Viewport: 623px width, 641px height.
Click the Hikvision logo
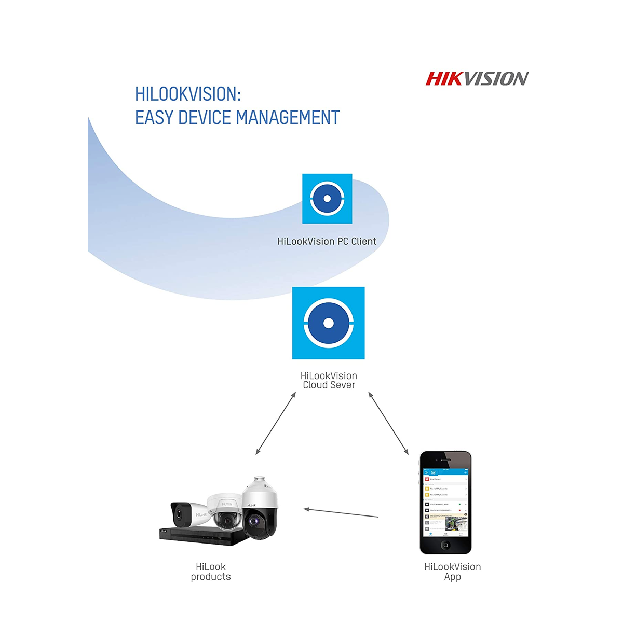pos(477,79)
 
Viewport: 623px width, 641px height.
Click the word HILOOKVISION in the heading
pos(187,94)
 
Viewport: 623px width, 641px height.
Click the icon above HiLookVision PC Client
pos(327,199)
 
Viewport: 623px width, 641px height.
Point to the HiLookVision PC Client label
pos(327,241)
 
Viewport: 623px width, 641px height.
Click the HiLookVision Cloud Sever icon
pos(328,323)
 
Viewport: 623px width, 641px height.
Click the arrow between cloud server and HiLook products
pos(276,423)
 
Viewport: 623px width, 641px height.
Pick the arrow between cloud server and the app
pos(388,423)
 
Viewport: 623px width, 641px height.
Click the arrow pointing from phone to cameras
pos(341,513)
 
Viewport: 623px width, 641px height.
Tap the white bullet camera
pos(188,513)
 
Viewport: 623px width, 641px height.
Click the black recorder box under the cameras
pos(202,537)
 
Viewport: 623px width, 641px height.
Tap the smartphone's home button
pos(445,545)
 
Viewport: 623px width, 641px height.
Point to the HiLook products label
pos(211,572)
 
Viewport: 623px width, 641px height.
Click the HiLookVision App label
pos(452,572)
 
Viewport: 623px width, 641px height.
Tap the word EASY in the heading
pos(154,118)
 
